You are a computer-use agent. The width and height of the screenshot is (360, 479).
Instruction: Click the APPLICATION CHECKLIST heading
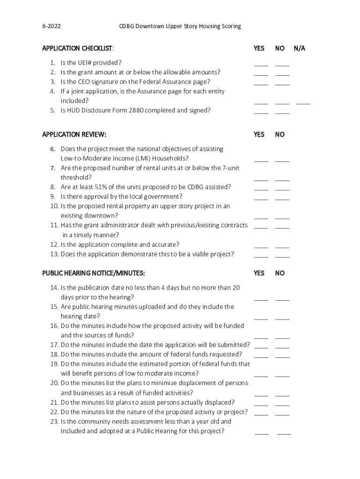point(77,48)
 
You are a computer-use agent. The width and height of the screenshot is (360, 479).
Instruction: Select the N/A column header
point(299,48)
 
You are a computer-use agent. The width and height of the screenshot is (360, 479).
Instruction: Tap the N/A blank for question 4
point(303,102)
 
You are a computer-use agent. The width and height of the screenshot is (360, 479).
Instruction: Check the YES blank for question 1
point(261,65)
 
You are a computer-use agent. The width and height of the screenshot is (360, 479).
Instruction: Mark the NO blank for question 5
point(282,113)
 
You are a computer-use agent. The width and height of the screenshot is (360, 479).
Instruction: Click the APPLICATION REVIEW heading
point(74,135)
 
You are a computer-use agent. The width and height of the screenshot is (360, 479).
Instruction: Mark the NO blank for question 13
point(282,256)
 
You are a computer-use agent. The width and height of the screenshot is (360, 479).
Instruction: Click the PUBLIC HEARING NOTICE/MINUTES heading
point(94,273)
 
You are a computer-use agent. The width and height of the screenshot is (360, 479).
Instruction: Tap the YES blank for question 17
point(261,347)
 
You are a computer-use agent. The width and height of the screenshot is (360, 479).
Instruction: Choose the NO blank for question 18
point(282,357)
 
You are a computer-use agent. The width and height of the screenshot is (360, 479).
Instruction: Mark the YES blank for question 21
point(261,405)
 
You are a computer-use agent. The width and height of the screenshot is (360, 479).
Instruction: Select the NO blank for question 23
point(284,434)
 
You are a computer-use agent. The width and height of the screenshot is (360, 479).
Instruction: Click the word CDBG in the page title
point(129,26)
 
